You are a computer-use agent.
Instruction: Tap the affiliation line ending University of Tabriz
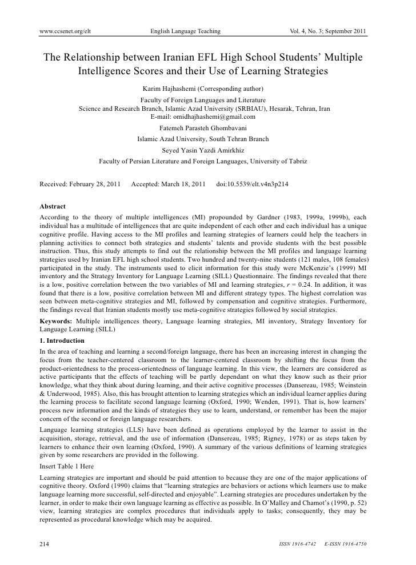[x=203, y=162]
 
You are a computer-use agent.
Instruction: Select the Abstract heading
[x=52, y=206]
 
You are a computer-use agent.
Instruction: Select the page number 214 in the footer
[x=45, y=544]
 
